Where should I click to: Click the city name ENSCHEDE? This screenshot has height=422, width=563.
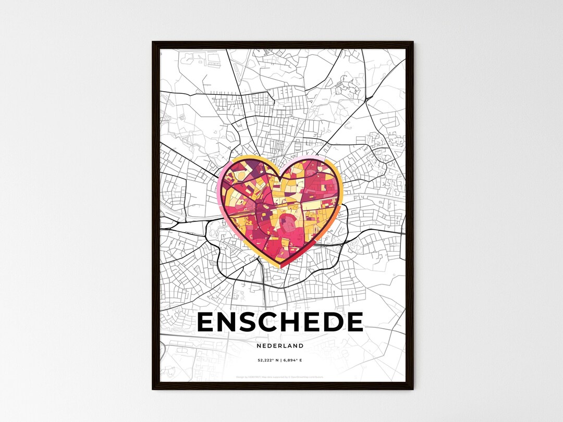280,322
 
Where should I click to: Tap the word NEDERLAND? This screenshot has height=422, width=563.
280,345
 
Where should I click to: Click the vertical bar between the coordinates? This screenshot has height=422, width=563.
280,360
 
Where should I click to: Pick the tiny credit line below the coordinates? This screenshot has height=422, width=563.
280,377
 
